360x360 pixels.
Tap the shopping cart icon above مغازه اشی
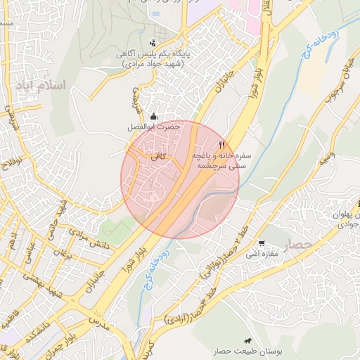coord(262,243)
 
